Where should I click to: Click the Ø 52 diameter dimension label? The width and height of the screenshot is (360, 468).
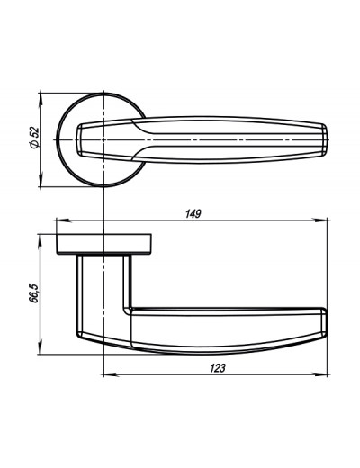[x=35, y=138]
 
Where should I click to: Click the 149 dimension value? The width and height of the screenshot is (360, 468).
[x=193, y=214]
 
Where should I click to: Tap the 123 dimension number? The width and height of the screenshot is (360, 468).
[x=217, y=368]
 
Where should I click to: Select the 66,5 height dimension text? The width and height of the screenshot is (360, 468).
[x=34, y=293]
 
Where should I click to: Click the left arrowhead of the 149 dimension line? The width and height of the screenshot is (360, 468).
[x=64, y=220]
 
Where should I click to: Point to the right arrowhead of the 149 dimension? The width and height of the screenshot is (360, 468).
[x=319, y=220]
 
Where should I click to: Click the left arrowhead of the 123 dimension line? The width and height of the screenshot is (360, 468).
[x=111, y=374]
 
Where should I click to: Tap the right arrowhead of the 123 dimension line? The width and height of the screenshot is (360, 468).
[x=319, y=374]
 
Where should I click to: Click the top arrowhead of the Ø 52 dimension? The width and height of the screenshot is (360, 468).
[x=40, y=101]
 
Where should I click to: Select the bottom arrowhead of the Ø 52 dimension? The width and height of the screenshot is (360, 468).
[x=40, y=179]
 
